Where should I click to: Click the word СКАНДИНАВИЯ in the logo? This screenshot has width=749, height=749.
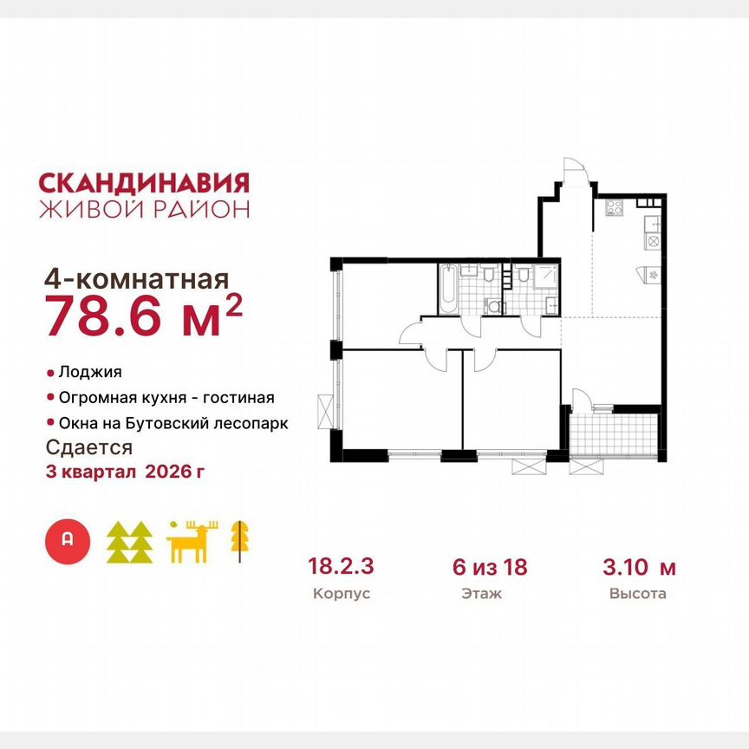pyautogui.click(x=144, y=182)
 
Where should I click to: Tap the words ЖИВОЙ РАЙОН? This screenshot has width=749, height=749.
pyautogui.click(x=144, y=209)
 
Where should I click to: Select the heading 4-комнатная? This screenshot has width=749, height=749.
pyautogui.click(x=136, y=280)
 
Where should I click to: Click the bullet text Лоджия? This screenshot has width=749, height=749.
pyautogui.click(x=90, y=372)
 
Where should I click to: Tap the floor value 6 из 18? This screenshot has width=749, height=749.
pyautogui.click(x=490, y=568)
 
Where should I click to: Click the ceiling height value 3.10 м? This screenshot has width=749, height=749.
pyautogui.click(x=639, y=568)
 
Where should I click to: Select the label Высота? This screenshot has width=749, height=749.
pyautogui.click(x=639, y=595)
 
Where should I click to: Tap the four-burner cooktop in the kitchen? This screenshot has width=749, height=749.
pyautogui.click(x=615, y=208)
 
